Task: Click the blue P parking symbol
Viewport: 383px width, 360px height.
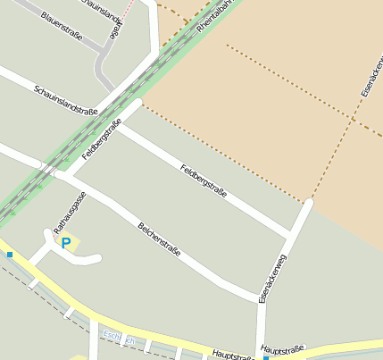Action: [65, 242]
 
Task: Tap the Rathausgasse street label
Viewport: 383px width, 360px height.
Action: [70, 211]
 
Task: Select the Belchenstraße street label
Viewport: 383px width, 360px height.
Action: [160, 239]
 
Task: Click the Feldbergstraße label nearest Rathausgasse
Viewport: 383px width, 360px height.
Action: [102, 139]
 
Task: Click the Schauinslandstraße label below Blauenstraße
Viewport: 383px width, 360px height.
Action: [66, 100]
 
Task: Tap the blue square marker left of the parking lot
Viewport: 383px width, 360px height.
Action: [10, 255]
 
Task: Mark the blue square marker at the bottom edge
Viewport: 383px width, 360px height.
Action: [266, 357]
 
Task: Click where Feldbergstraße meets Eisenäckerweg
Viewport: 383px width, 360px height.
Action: [291, 235]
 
